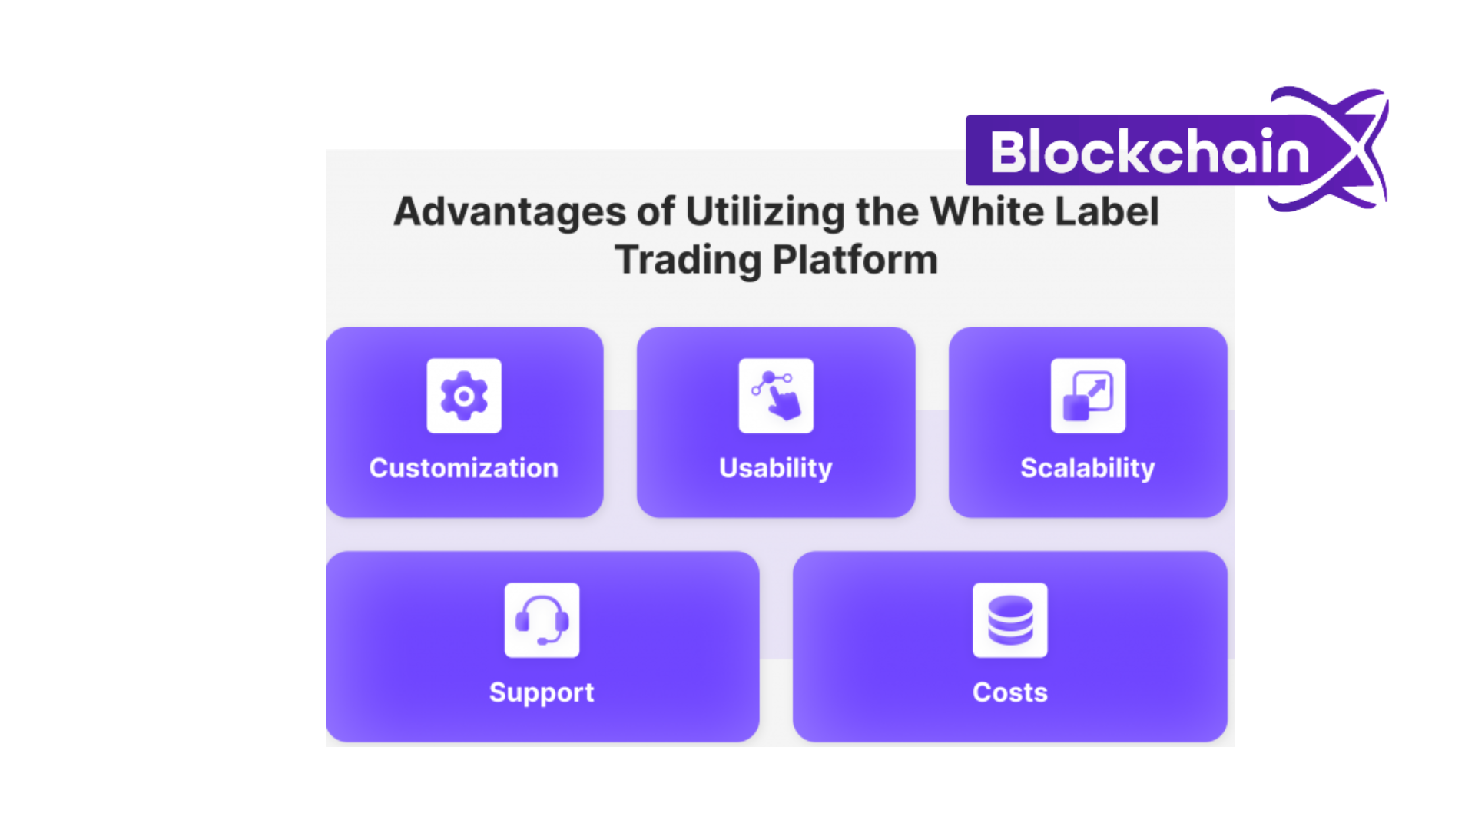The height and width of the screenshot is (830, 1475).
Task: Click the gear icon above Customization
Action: (464, 396)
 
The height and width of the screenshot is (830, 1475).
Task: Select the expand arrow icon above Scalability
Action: (1088, 396)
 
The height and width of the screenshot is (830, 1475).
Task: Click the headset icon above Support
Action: (542, 620)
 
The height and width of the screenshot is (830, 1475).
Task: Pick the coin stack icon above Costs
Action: (1010, 620)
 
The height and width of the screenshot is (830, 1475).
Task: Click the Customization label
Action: (464, 468)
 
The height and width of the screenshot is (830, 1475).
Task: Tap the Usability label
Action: (776, 469)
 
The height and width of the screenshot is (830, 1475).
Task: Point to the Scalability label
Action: (1088, 469)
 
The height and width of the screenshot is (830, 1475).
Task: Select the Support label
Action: (542, 693)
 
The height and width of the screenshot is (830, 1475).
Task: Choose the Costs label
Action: (1010, 692)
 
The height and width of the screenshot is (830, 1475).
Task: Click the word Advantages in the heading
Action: (510, 212)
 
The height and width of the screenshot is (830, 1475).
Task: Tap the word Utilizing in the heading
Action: (765, 212)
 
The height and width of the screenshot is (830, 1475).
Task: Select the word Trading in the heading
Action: (688, 261)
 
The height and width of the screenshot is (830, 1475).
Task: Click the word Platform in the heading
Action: (855, 260)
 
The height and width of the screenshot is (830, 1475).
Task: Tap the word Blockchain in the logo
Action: (1150, 151)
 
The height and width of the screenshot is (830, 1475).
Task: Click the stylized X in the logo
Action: (1337, 148)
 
